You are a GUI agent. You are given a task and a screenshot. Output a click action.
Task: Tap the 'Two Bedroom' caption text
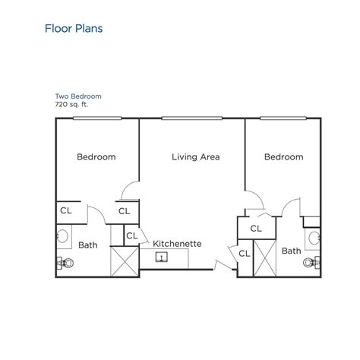(78, 96)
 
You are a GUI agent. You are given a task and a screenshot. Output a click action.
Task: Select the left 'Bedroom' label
(96, 157)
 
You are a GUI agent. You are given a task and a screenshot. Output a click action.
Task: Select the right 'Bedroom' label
(283, 157)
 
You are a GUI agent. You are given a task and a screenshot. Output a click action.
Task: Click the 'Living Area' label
(195, 157)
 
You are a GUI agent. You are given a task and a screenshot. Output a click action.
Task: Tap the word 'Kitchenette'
(177, 244)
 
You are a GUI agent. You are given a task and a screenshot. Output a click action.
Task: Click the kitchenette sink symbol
(162, 257)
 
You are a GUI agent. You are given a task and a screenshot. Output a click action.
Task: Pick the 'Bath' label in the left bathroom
(87, 245)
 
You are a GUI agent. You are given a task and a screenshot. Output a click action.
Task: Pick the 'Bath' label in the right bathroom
(291, 250)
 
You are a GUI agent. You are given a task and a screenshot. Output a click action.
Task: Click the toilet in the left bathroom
(65, 263)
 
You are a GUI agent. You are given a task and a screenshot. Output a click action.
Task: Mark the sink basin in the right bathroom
(312, 238)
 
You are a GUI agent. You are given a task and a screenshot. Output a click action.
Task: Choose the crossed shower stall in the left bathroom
(123, 261)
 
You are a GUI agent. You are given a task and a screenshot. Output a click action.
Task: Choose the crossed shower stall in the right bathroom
(264, 258)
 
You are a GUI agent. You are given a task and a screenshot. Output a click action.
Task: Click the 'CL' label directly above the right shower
(255, 226)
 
